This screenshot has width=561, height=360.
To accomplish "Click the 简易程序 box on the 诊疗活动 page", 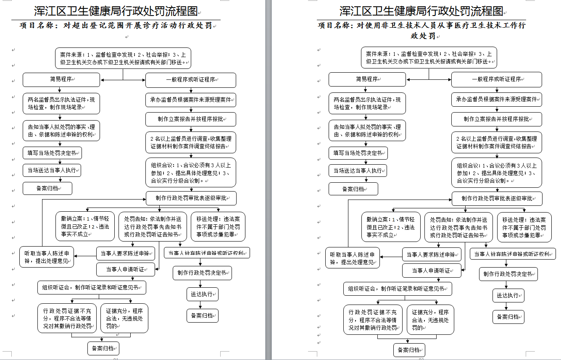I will [61, 79].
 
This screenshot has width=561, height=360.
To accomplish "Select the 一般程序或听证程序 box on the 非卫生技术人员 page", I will [496, 79].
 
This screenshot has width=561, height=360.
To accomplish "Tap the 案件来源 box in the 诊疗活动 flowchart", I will [123, 58].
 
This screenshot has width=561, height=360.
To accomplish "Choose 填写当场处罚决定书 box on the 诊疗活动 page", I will [52, 153].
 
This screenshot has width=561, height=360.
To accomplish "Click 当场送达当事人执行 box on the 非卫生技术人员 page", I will [358, 171].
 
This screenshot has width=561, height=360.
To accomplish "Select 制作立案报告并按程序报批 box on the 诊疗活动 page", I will [191, 119].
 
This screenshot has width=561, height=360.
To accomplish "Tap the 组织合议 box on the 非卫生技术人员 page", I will [497, 173].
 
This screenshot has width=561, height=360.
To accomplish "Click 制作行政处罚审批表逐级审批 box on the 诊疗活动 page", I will [191, 198].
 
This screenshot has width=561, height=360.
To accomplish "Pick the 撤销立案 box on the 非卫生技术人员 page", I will [390, 227].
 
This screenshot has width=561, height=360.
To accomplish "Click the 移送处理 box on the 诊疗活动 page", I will [218, 227].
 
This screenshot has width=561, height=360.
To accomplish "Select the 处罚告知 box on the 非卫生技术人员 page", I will [458, 227].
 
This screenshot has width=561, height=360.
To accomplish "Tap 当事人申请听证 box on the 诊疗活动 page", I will [125, 269].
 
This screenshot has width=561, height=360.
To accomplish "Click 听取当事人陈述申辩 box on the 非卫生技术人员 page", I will [353, 258].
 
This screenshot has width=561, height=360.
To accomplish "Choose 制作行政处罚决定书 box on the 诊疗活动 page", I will [202, 273].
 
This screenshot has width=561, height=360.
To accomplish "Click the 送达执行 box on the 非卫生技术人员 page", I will [508, 295].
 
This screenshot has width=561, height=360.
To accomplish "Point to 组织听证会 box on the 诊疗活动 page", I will [92, 288].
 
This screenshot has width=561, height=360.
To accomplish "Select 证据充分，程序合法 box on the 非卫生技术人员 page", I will [430, 319].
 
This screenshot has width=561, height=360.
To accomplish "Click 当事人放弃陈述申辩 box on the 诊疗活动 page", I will [207, 253].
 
